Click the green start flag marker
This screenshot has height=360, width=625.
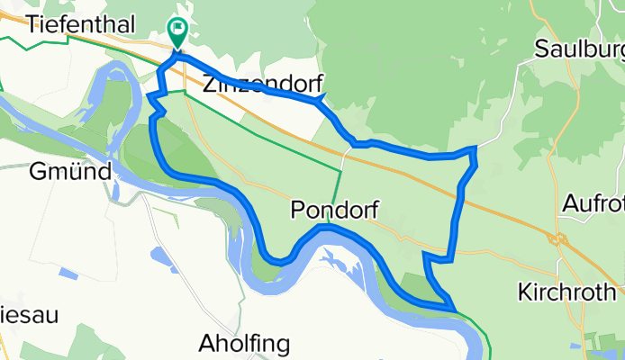coord(177,33)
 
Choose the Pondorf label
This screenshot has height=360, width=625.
coord(331,210)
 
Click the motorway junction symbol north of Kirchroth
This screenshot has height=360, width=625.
coord(557,238)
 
